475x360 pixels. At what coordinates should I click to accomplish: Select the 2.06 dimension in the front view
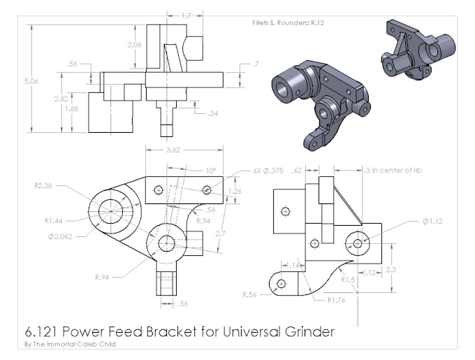135,45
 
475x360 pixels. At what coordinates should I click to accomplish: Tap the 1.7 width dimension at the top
185,15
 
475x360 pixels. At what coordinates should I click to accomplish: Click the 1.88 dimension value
71,108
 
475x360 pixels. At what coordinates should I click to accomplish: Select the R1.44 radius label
54,221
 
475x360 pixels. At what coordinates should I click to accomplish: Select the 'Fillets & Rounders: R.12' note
288,22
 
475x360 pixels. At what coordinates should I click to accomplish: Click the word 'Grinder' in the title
300,331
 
